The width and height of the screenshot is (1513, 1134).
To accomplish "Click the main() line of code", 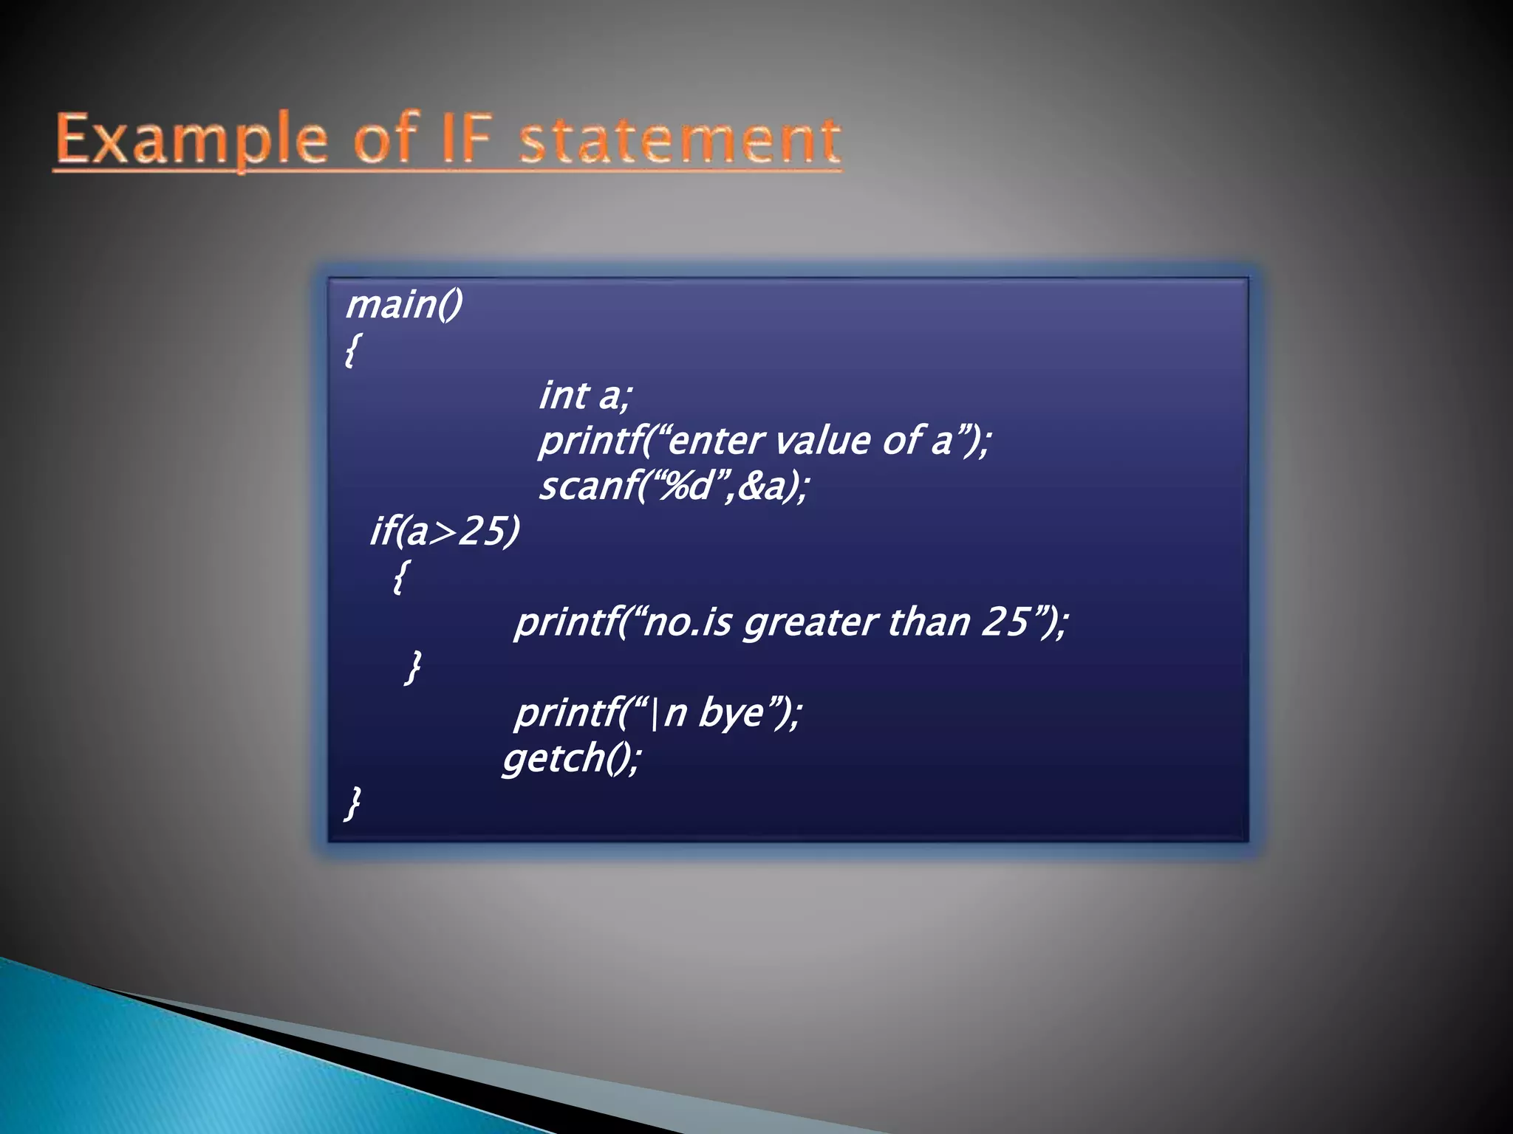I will pos(404,304).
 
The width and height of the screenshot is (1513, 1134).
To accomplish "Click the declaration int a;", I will pos(585,395).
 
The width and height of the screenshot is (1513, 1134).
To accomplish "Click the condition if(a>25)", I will pos(445,531).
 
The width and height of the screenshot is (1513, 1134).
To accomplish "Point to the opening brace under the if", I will pos(400,576).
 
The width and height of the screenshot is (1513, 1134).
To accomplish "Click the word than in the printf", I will pos(929,622).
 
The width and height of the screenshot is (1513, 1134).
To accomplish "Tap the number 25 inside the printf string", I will pos(1005,622).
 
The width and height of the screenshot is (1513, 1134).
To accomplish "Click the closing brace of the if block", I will pos(414,667).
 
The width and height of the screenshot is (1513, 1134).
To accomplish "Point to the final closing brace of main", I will pos(353,803).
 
